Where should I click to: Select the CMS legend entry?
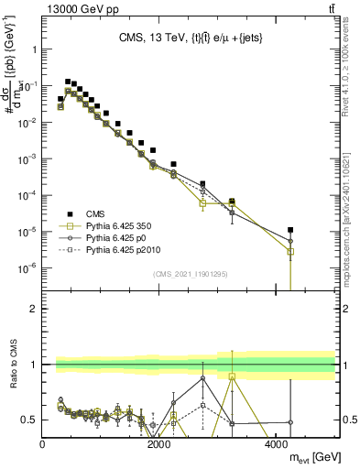coord(95,211)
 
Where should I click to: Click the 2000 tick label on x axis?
coord(159,445)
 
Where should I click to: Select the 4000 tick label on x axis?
coord(277,445)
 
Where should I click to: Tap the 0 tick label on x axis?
coord(43,445)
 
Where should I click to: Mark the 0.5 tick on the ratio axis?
coord(29,420)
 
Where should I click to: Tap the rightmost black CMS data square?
coord(290,230)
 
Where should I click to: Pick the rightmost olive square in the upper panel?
coord(290,251)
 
